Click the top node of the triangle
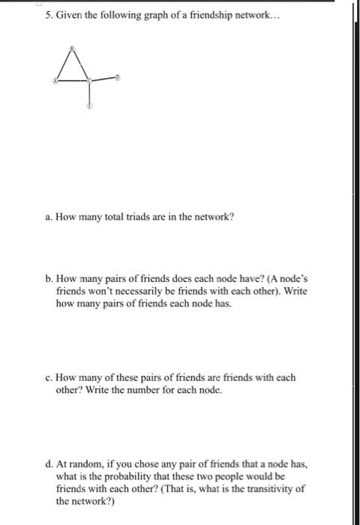click(72, 49)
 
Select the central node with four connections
click(90, 79)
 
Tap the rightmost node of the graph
click(118, 76)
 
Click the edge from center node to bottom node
click(90, 93)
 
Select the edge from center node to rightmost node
click(104, 78)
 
